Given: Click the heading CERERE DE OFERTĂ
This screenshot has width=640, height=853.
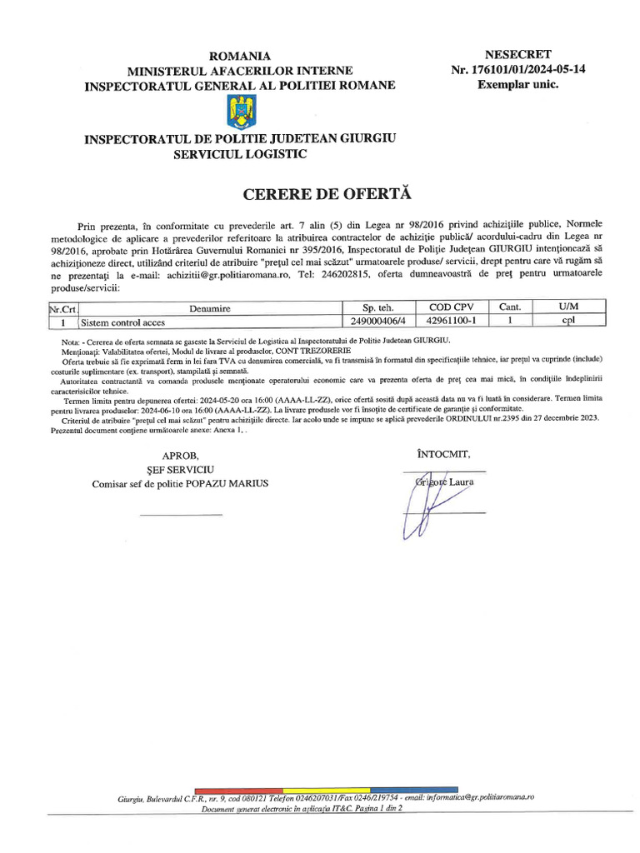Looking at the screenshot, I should coord(327,194).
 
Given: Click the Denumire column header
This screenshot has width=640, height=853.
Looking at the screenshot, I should coord(209,308).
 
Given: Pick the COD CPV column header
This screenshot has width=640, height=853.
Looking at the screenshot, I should coord(451,307).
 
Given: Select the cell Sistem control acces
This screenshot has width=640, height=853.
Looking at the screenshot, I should coord(122,322).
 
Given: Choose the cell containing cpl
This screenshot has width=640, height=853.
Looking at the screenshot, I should coord(569,322).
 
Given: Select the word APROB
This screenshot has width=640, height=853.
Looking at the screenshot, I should coord(181,456).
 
